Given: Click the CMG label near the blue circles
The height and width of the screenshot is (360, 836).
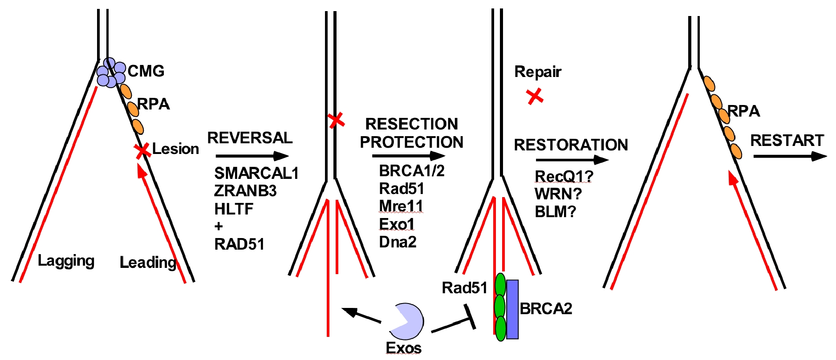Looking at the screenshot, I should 146,71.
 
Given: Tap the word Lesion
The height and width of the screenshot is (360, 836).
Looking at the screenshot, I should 175,149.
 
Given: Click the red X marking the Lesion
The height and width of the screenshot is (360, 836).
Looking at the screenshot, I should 142,151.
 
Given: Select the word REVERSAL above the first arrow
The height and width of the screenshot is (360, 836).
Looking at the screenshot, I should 250,138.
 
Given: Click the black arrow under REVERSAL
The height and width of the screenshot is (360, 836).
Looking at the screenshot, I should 252,156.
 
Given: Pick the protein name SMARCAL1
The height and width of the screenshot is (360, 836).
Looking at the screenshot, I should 256,173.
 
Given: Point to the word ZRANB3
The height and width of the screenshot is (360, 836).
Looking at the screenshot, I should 245,191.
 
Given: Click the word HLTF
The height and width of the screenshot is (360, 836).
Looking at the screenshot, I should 234,209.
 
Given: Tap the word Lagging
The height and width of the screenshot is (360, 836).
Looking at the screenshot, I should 66,261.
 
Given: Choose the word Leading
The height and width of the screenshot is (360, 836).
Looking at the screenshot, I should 148,263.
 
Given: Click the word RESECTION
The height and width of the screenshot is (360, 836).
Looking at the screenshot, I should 411,124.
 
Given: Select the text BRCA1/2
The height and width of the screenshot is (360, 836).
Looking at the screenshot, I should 411,171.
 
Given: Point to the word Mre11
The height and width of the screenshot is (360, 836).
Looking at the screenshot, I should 401,206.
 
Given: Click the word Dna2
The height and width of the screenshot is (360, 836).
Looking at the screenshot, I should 398,242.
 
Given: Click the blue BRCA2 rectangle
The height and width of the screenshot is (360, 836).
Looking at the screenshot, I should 512,309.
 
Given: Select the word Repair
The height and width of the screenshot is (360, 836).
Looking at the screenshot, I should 538,72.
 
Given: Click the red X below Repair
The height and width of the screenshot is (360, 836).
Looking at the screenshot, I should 535,96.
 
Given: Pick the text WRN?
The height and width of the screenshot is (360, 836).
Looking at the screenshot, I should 558,194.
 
